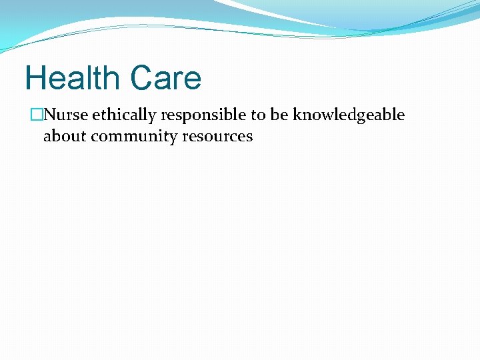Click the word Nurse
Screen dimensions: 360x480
(66, 115)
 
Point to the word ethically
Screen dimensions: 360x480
(124, 115)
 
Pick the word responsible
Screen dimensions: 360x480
(203, 116)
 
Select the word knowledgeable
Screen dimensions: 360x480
(348, 116)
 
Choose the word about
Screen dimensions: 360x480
(65, 137)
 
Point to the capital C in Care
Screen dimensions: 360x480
(142, 78)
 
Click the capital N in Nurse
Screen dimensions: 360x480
(50, 115)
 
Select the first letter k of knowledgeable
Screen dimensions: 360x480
(295, 115)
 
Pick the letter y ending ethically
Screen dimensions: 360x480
(153, 117)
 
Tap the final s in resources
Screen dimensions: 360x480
(249, 137)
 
